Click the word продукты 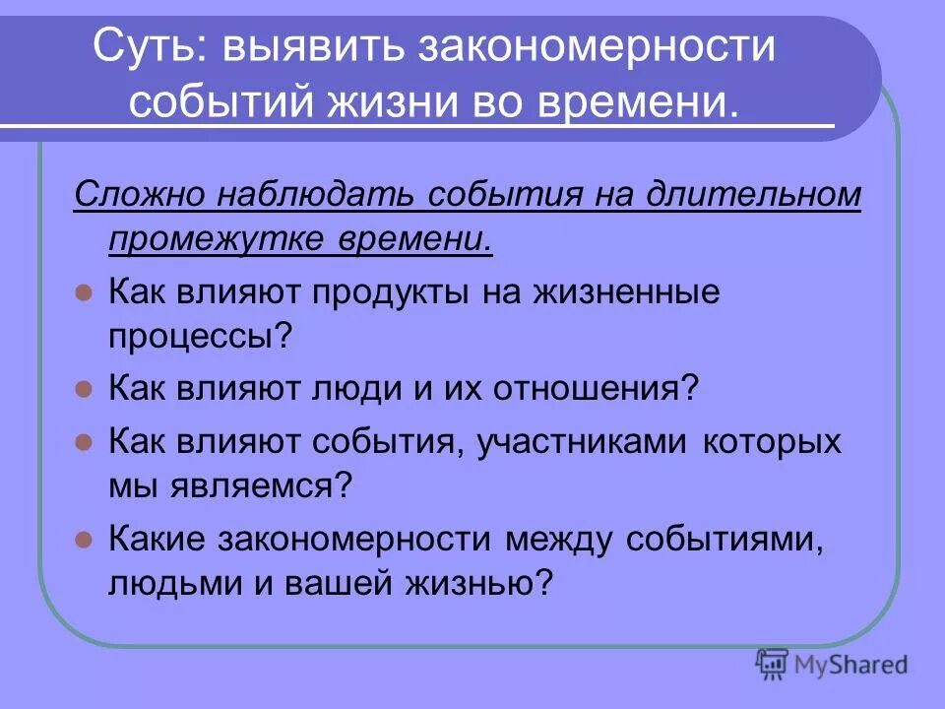click(x=387, y=292)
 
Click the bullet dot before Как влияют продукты click(x=84, y=293)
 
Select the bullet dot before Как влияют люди click(x=84, y=388)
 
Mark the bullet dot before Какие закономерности click(x=84, y=540)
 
